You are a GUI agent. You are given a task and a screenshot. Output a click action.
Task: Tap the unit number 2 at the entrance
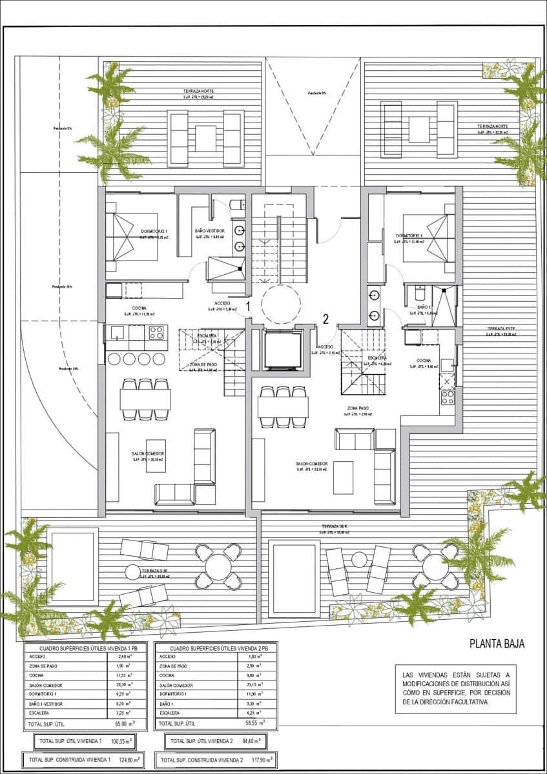click(326, 318)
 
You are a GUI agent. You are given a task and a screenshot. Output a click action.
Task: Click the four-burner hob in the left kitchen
click(156, 333)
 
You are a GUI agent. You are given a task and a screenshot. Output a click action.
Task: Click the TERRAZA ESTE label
click(499, 329)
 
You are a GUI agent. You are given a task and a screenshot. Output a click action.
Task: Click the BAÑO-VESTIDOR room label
click(209, 230)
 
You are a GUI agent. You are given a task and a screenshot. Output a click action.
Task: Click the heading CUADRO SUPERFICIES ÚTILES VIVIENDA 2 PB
click(215, 648)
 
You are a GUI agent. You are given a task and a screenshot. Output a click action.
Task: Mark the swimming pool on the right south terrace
click(294, 570)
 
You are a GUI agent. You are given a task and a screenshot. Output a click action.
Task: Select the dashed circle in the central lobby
click(281, 304)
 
